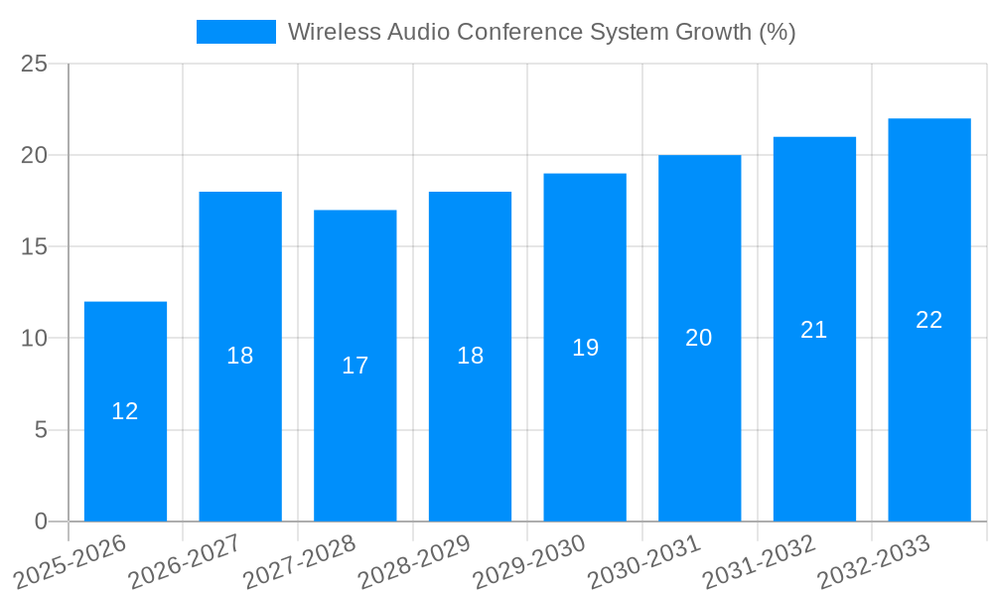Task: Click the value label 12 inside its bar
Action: pos(125,411)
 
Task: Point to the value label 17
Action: pos(355,366)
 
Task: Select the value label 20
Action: pos(699,338)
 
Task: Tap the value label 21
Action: pos(814,330)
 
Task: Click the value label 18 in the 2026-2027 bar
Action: pos(240,356)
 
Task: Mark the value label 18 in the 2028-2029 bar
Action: pos(470,356)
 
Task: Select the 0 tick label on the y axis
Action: pos(41,521)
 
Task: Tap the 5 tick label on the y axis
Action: pos(41,430)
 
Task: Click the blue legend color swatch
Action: pos(236,32)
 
